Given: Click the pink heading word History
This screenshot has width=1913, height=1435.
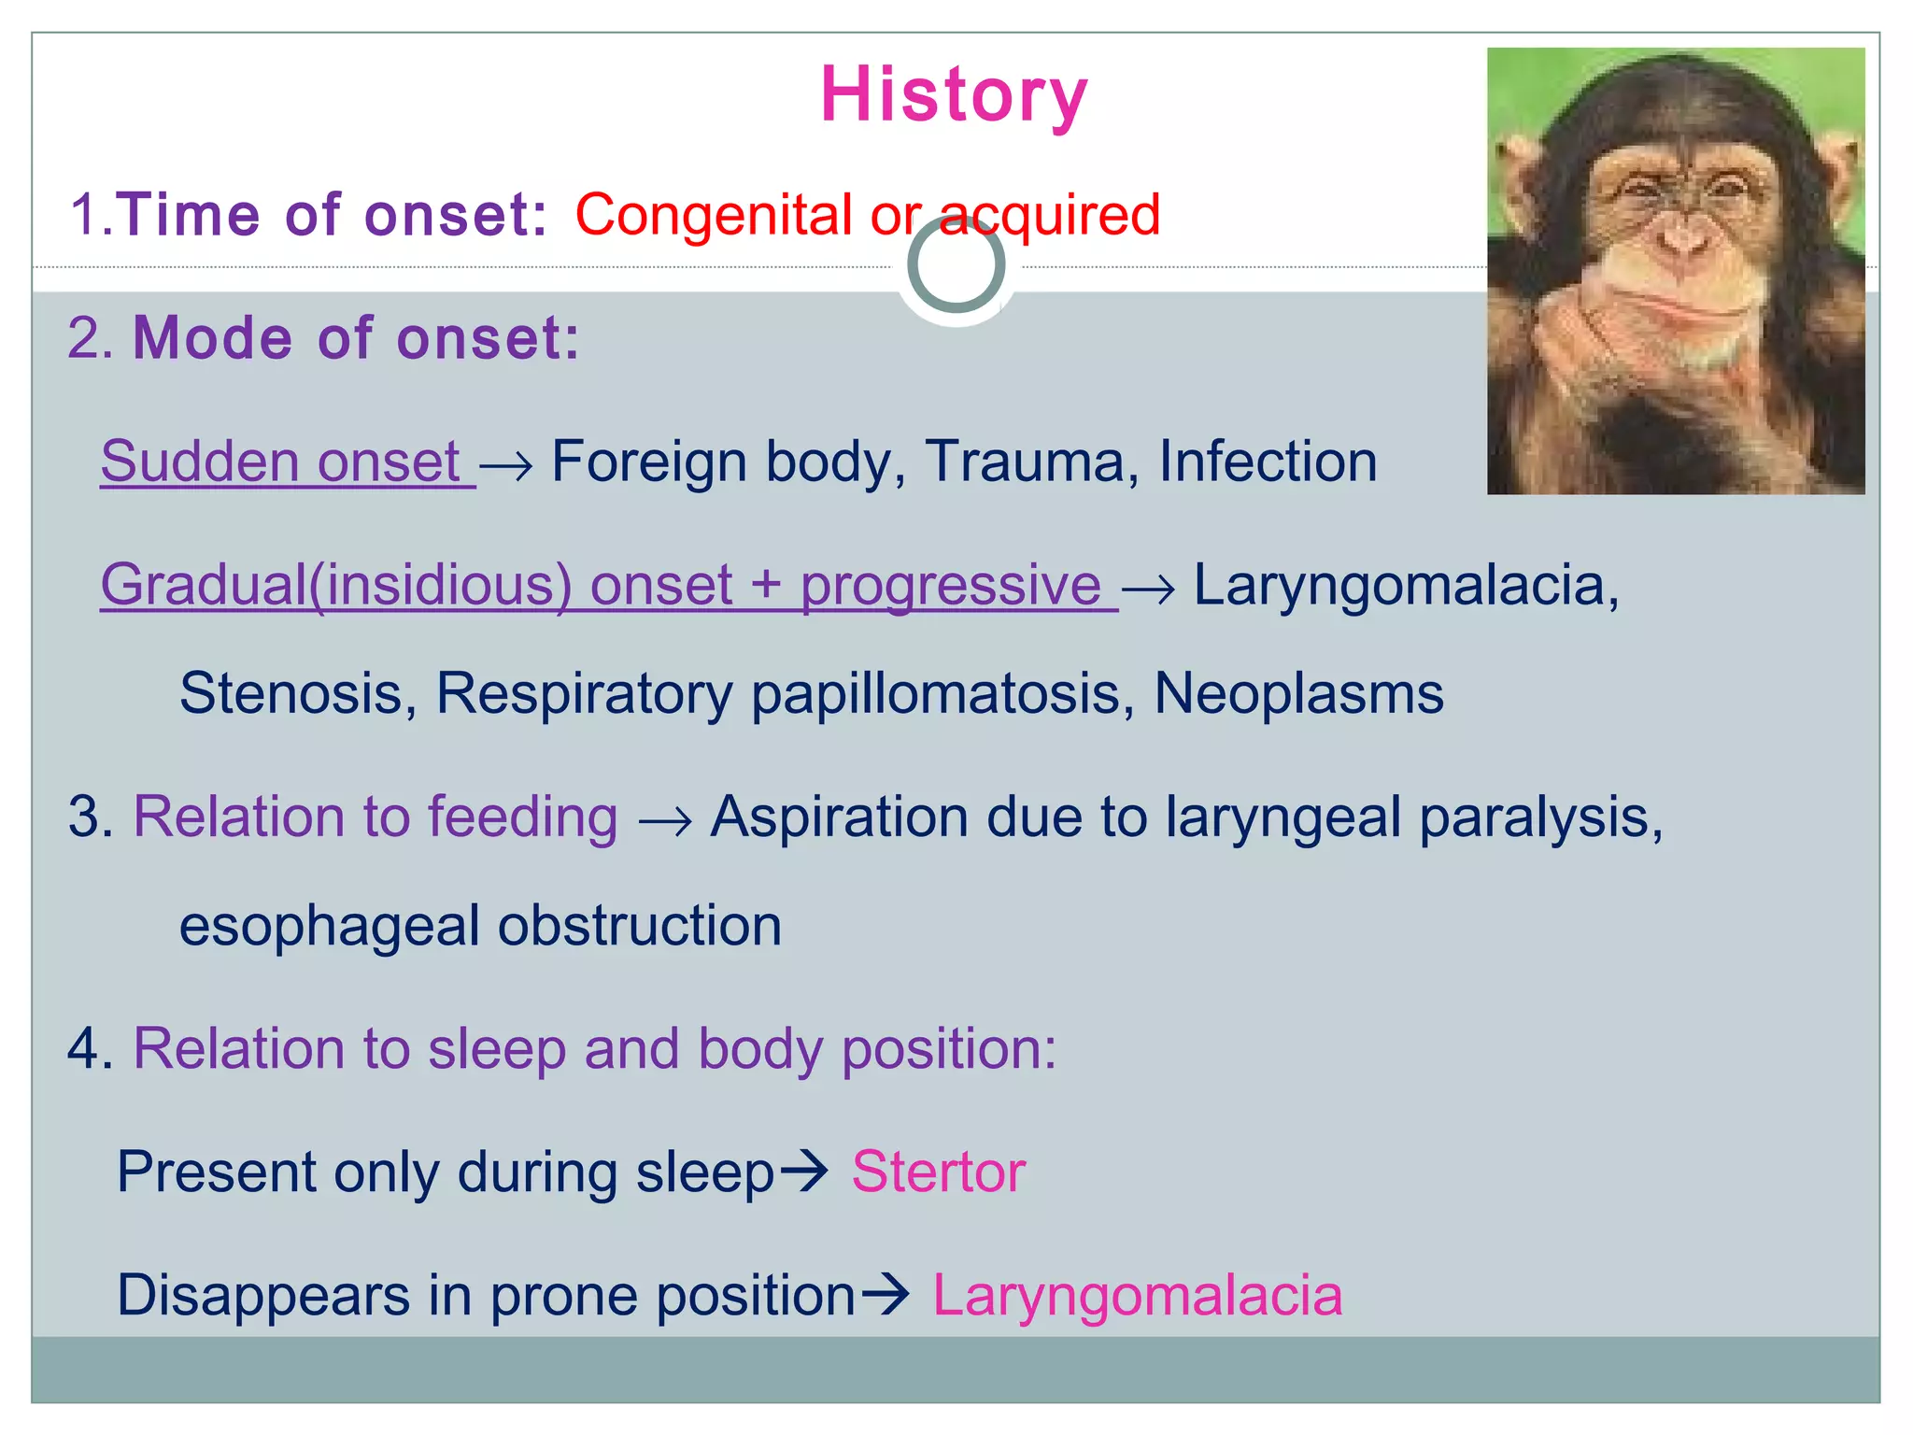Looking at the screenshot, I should pyautogui.click(x=954, y=95).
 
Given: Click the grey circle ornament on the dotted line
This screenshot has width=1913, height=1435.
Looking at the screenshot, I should pyautogui.click(x=956, y=265).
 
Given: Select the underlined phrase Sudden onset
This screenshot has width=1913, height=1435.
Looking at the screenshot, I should pyautogui.click(x=280, y=462).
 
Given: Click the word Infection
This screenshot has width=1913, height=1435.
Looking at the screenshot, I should pyautogui.click(x=1268, y=462).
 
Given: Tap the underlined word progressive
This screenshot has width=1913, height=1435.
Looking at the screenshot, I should pyautogui.click(x=950, y=587).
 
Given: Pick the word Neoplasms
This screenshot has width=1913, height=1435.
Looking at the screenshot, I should pyautogui.click(x=1298, y=694).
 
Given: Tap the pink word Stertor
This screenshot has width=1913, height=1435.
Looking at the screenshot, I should pyautogui.click(x=938, y=1172).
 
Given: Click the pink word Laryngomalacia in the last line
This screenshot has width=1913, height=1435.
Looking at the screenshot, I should pyautogui.click(x=1137, y=1296).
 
